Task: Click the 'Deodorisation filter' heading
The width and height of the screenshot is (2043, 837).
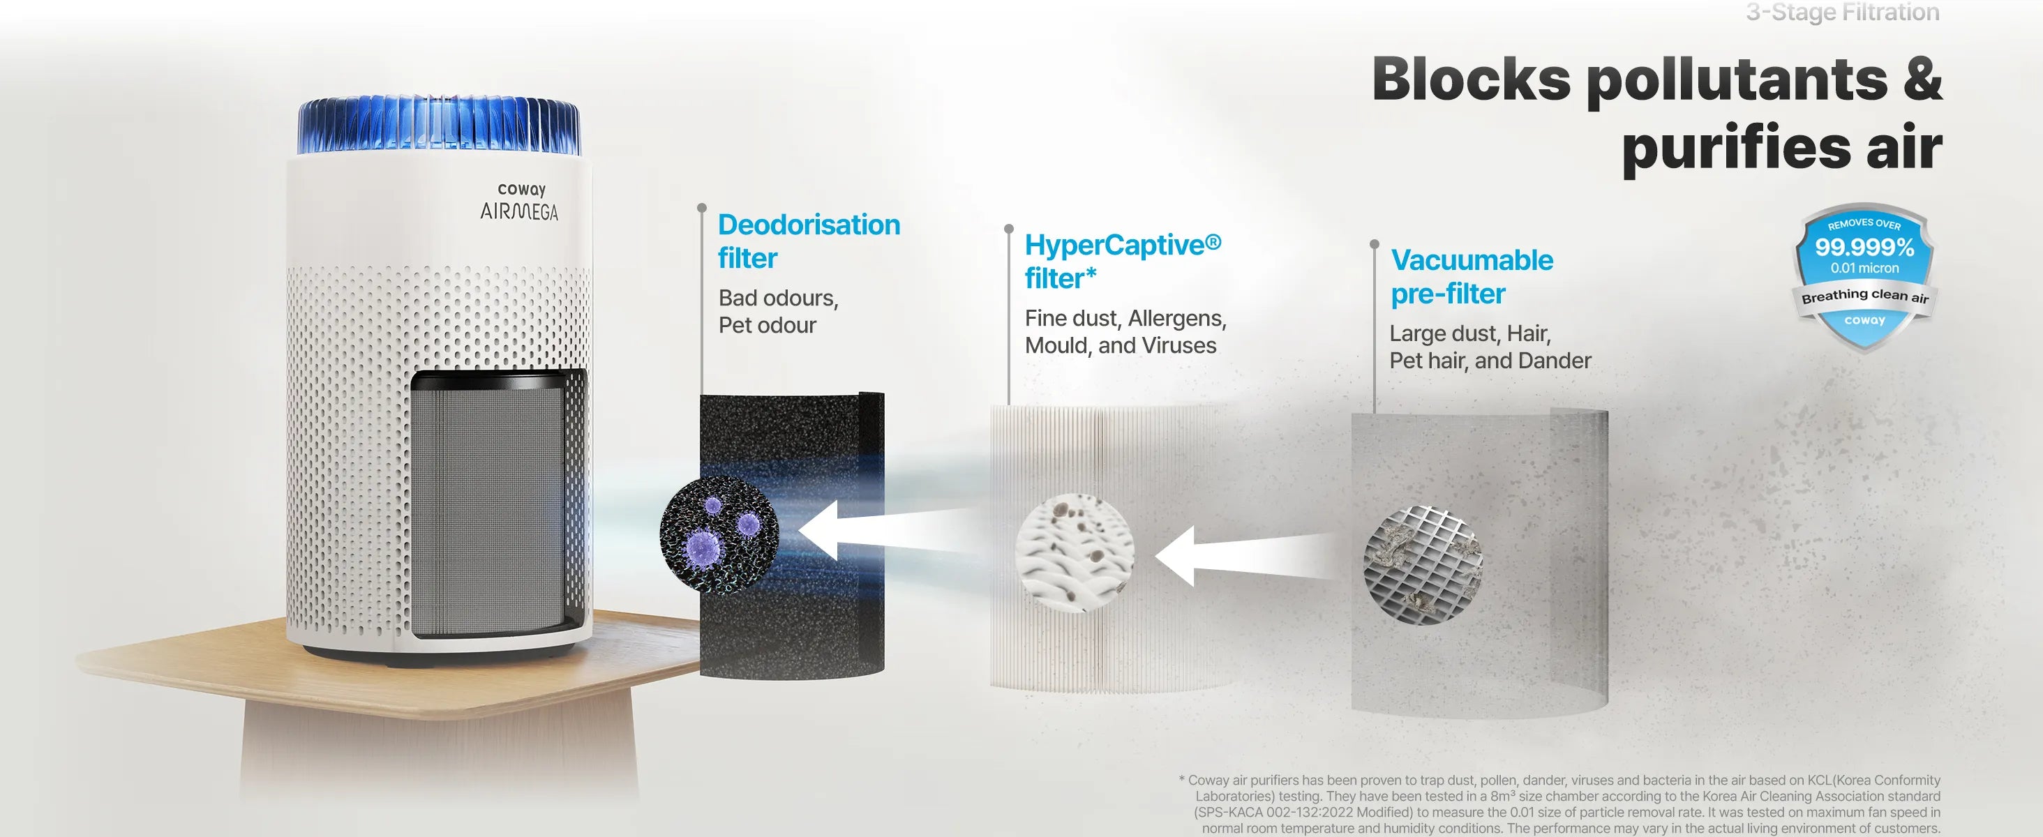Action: click(x=809, y=241)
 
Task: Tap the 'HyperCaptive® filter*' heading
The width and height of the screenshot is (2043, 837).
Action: click(x=1123, y=262)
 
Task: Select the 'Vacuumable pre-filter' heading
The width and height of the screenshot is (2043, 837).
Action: click(x=1472, y=277)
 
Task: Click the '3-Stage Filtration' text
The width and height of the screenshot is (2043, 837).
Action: click(x=1842, y=12)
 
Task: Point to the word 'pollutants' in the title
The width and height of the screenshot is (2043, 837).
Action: click(x=1737, y=80)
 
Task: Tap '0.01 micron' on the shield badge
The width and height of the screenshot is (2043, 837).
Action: click(x=1864, y=268)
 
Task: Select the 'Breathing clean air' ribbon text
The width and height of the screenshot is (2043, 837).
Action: click(x=1864, y=296)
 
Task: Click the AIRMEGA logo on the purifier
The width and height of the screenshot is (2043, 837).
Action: click(x=520, y=211)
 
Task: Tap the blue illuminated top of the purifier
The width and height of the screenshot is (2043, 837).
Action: click(x=440, y=126)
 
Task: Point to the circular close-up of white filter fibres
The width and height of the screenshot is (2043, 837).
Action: click(x=1075, y=552)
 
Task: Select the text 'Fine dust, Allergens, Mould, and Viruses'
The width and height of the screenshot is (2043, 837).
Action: click(x=1125, y=331)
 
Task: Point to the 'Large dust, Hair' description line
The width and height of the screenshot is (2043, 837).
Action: click(x=1470, y=333)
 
